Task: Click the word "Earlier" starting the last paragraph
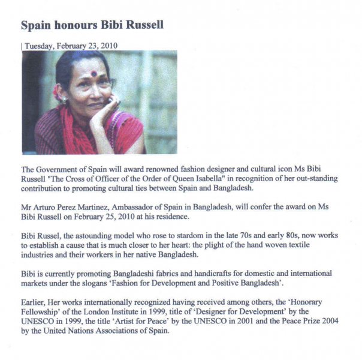tap(35, 302)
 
